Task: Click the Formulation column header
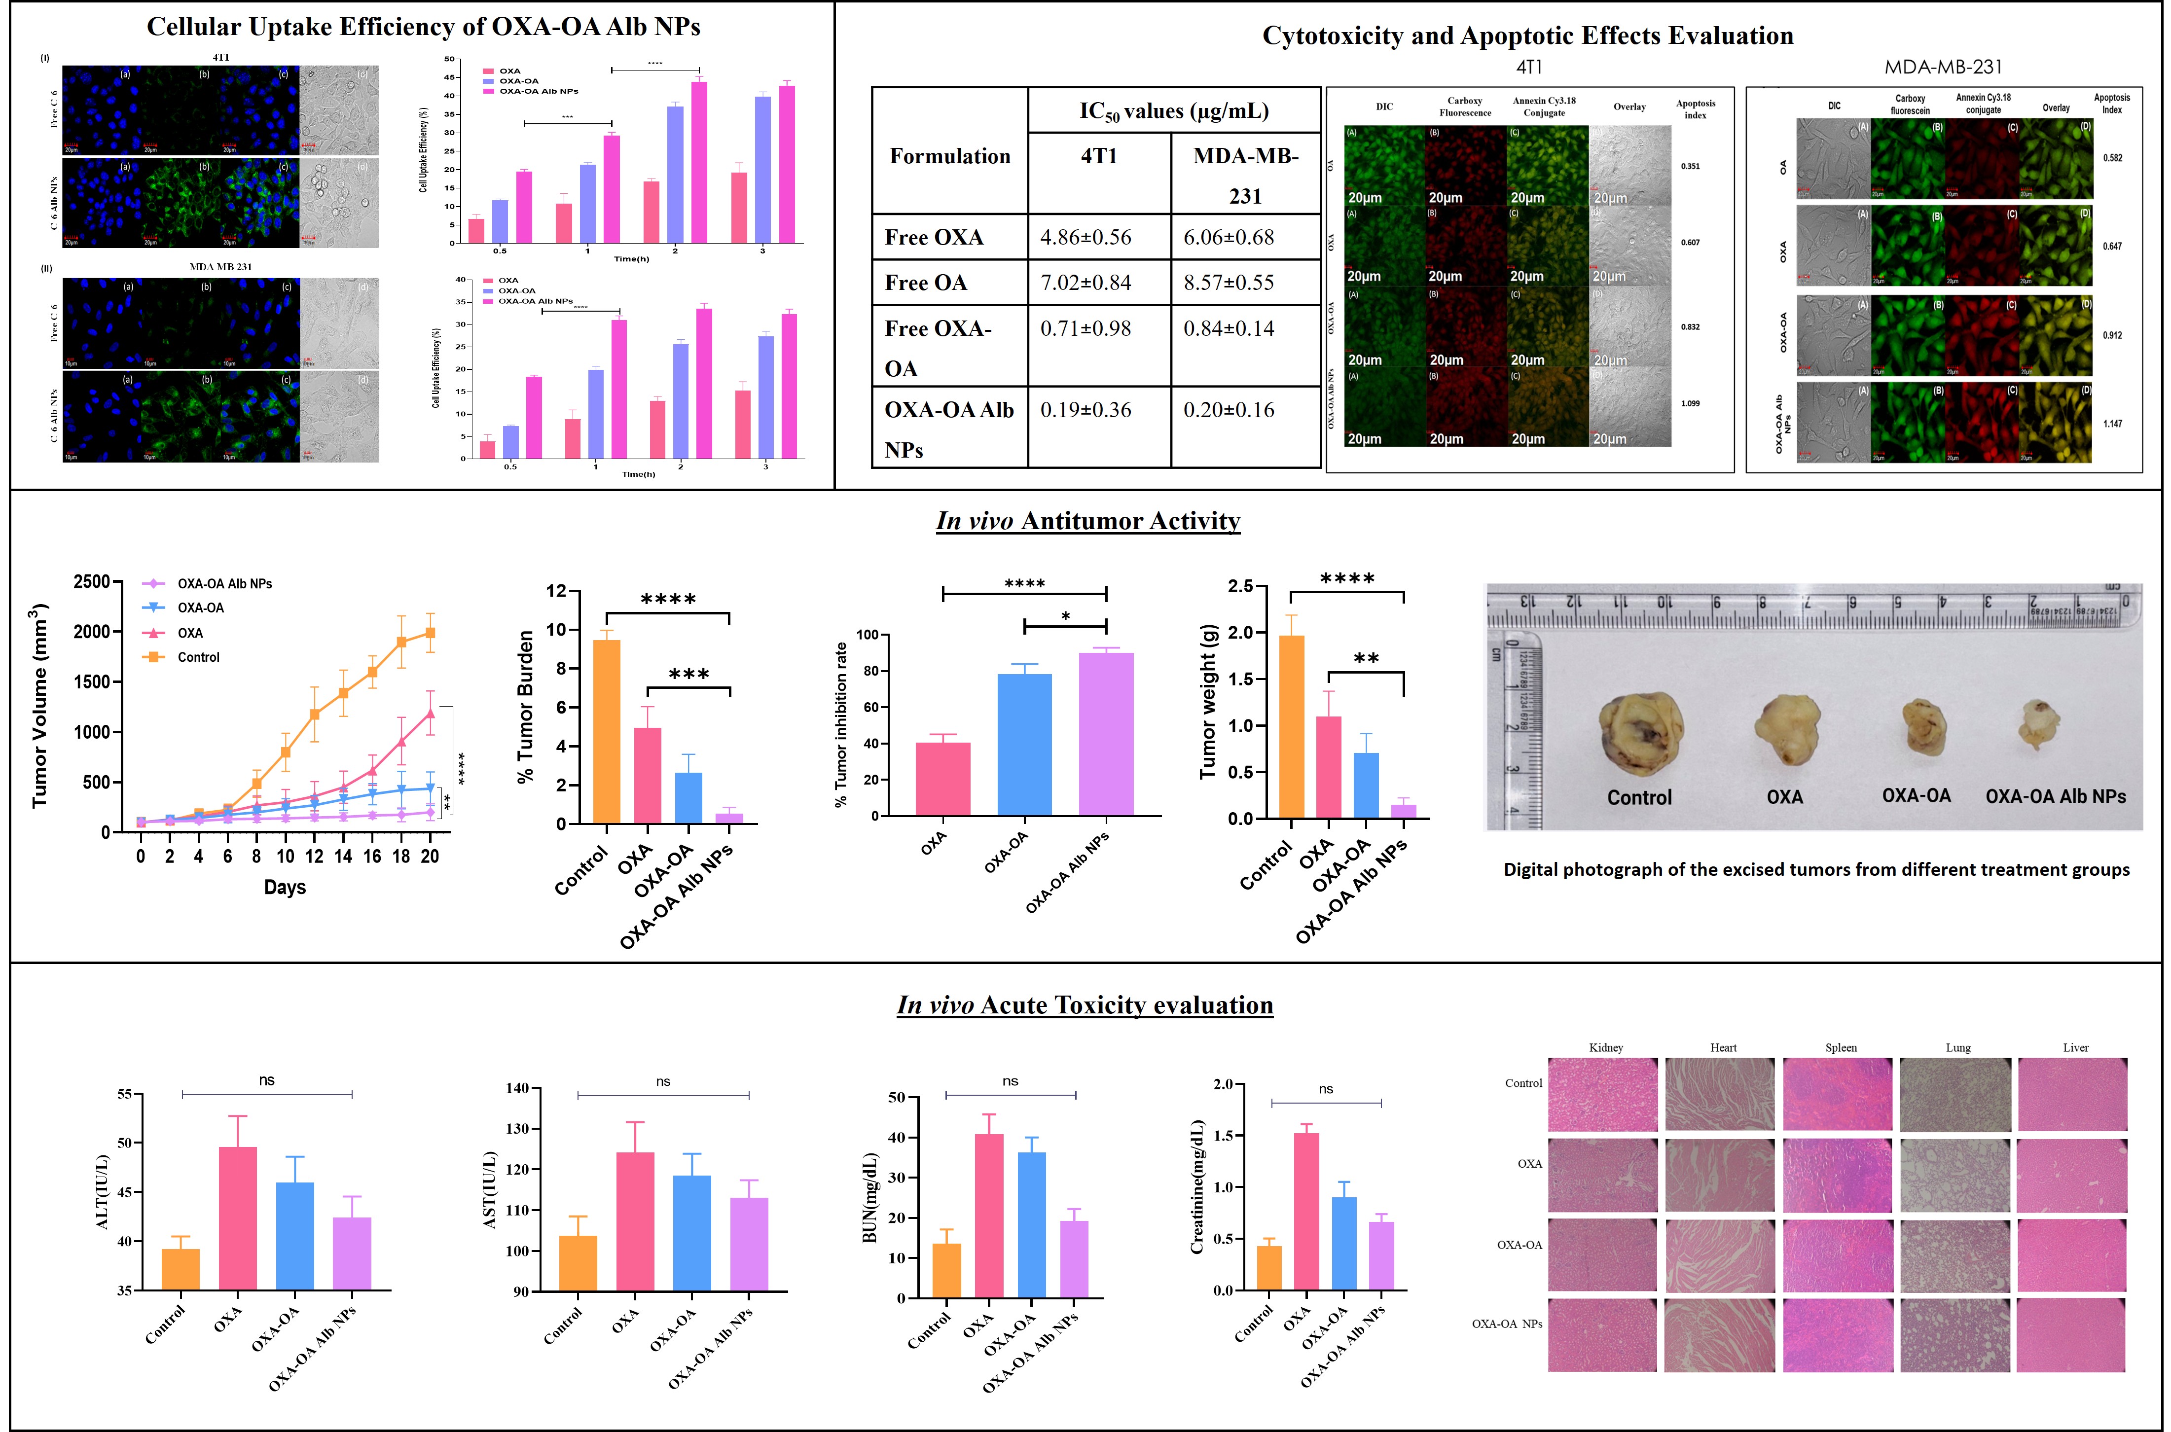coord(950,156)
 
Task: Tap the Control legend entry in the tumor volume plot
coord(198,657)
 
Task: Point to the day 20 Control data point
coord(430,632)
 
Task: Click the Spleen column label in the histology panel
coord(1841,1047)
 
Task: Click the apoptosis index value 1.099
coord(1691,403)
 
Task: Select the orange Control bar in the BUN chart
coord(946,1270)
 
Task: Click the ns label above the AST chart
coord(663,1081)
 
